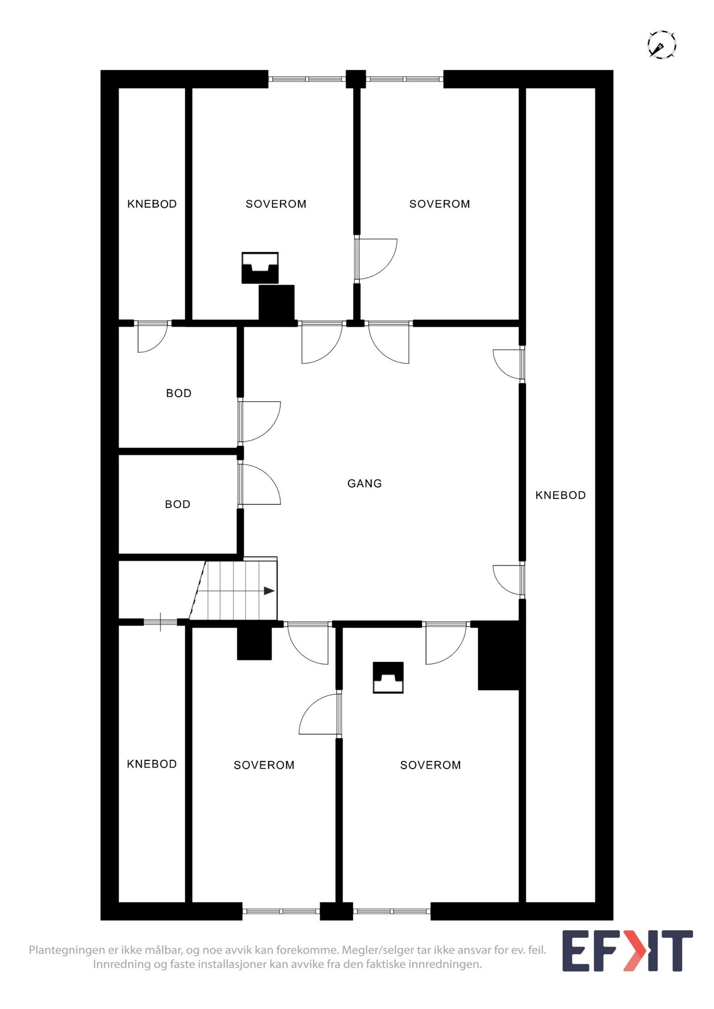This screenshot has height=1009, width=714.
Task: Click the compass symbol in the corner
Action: coord(661,45)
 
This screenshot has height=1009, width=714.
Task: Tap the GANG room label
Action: coord(364,483)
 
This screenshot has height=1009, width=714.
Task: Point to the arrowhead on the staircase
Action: coord(269,591)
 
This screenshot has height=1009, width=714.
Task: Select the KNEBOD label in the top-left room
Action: coord(152,204)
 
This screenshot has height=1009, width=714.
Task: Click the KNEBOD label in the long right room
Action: coord(560,495)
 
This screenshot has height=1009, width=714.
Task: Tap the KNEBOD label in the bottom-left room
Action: coord(152,764)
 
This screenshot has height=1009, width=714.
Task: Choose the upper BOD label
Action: coord(178,393)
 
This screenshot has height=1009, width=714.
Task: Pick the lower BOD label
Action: coord(178,504)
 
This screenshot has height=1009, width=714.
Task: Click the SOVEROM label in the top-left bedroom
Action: coord(276,204)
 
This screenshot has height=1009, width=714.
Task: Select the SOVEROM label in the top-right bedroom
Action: coord(440,204)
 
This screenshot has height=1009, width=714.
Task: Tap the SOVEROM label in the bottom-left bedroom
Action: coord(264,765)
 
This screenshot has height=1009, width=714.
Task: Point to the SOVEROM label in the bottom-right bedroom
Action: coord(430,765)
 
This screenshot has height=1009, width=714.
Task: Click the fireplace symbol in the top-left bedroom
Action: coord(260,268)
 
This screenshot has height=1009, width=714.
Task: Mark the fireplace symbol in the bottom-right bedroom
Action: coord(388,677)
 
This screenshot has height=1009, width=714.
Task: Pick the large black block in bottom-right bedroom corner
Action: coord(498,655)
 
